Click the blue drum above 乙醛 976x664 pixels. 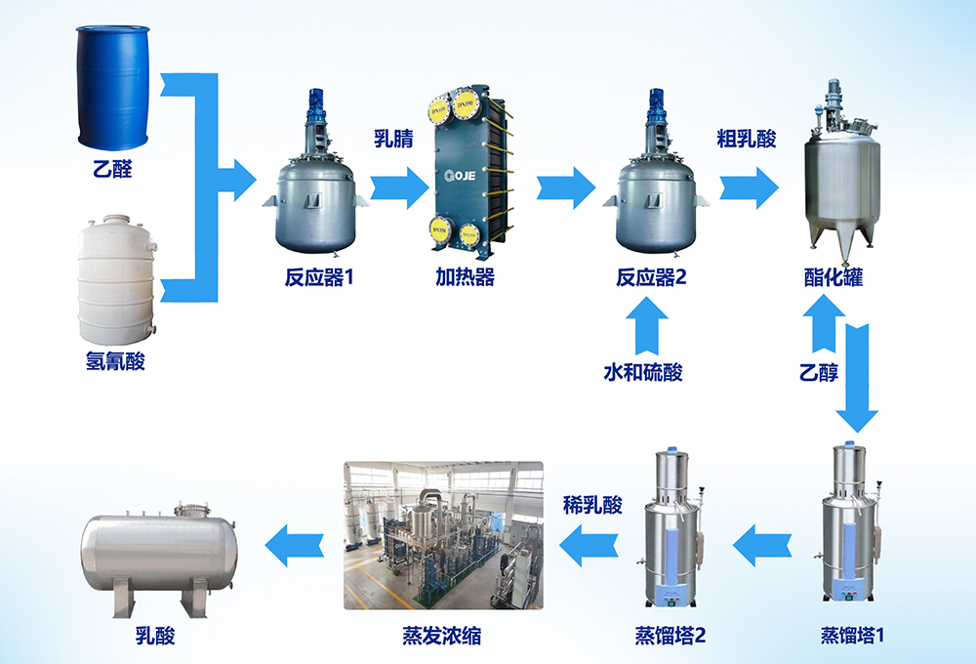tap(113, 87)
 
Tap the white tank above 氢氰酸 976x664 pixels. tap(116, 279)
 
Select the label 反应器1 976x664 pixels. tap(319, 277)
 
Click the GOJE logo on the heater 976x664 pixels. tap(460, 176)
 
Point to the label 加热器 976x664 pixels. tap(465, 277)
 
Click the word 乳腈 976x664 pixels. tap(393, 139)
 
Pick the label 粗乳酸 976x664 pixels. tap(747, 139)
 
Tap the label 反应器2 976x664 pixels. tap(651, 277)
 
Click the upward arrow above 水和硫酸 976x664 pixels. tap(647, 325)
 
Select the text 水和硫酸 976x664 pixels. tap(643, 372)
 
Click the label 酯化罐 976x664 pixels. tap(834, 277)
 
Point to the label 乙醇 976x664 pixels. tap(819, 372)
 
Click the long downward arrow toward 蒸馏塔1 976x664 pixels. tap(857, 378)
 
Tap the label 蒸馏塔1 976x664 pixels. tap(852, 636)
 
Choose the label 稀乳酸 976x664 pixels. tap(592, 505)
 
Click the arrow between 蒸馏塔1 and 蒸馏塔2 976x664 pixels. tap(762, 546)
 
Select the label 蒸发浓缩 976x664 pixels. tap(441, 636)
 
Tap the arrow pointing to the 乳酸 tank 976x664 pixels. tap(295, 546)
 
